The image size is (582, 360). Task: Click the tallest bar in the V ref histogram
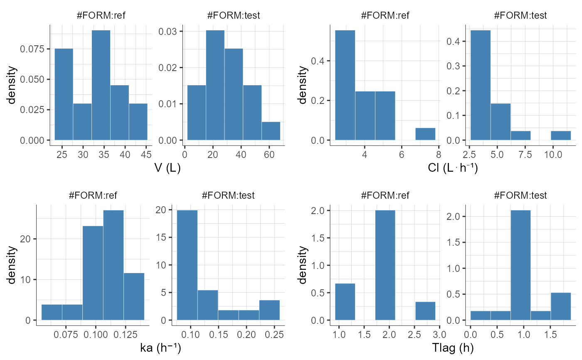101,85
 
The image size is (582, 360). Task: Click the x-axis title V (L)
168,168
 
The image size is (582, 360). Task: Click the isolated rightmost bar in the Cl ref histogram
425,134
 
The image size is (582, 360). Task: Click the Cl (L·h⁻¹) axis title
453,168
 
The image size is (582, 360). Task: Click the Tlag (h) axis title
453,349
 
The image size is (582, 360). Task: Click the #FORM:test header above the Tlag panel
520,195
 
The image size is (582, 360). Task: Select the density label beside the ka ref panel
12,265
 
